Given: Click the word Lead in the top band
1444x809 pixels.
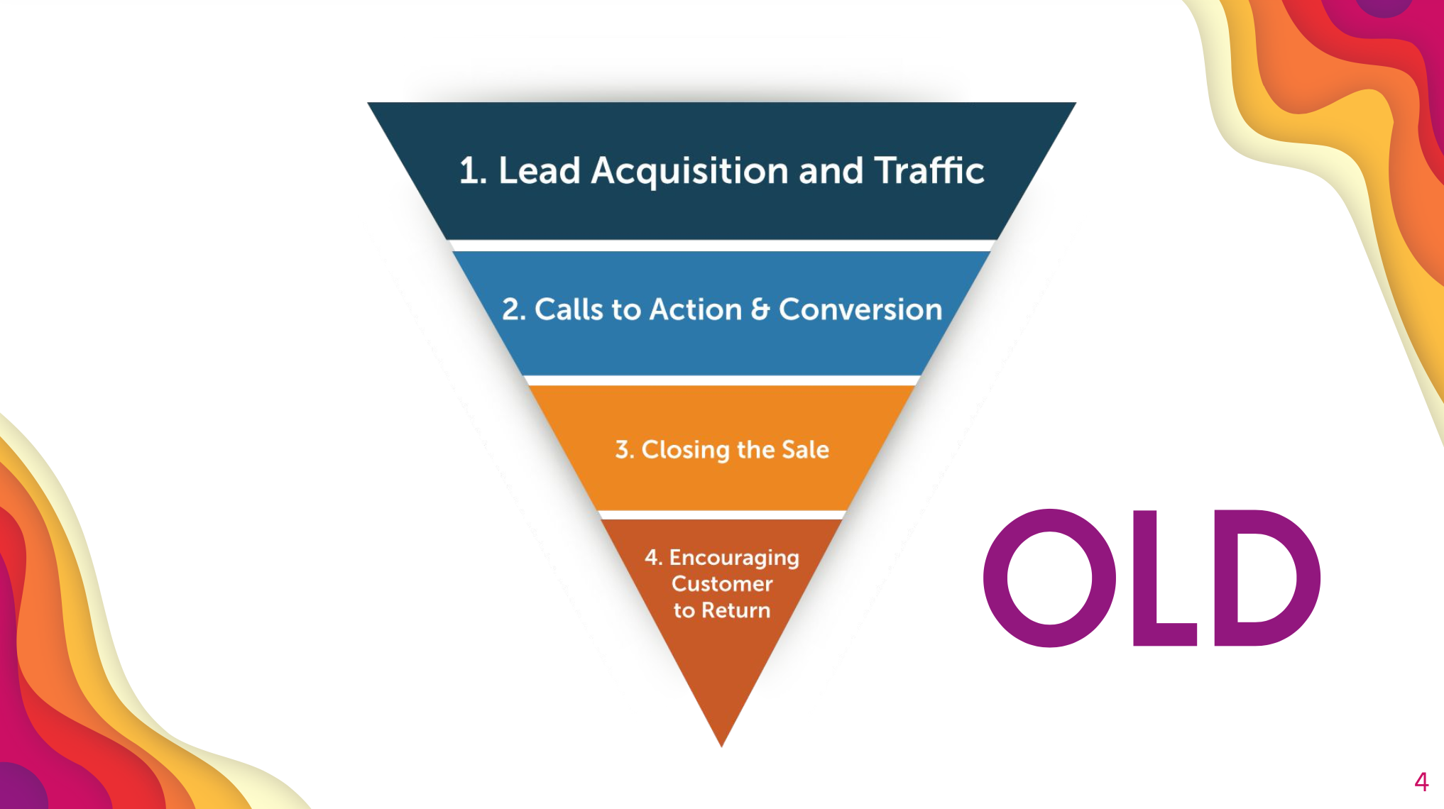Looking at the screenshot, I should (540, 171).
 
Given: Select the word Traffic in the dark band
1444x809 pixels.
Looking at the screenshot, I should (929, 171).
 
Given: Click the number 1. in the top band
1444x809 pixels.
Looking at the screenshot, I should (473, 171).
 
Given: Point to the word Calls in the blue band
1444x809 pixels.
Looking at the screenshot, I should (568, 309).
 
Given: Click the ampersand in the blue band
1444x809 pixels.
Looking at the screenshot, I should (760, 310).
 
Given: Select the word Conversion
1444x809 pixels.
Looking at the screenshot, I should (860, 309).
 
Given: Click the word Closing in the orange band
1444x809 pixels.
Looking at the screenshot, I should (685, 450).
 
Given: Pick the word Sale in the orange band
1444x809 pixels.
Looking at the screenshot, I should (805, 450).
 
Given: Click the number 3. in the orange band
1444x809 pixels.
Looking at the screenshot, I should (624, 450).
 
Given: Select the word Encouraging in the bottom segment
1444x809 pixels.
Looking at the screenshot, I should (733, 558).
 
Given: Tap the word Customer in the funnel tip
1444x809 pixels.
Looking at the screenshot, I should (722, 584).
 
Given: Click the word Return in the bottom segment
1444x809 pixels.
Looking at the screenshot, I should (736, 610).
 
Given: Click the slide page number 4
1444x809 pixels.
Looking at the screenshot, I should (1421, 782).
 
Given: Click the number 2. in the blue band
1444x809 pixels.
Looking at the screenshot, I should (513, 309).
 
